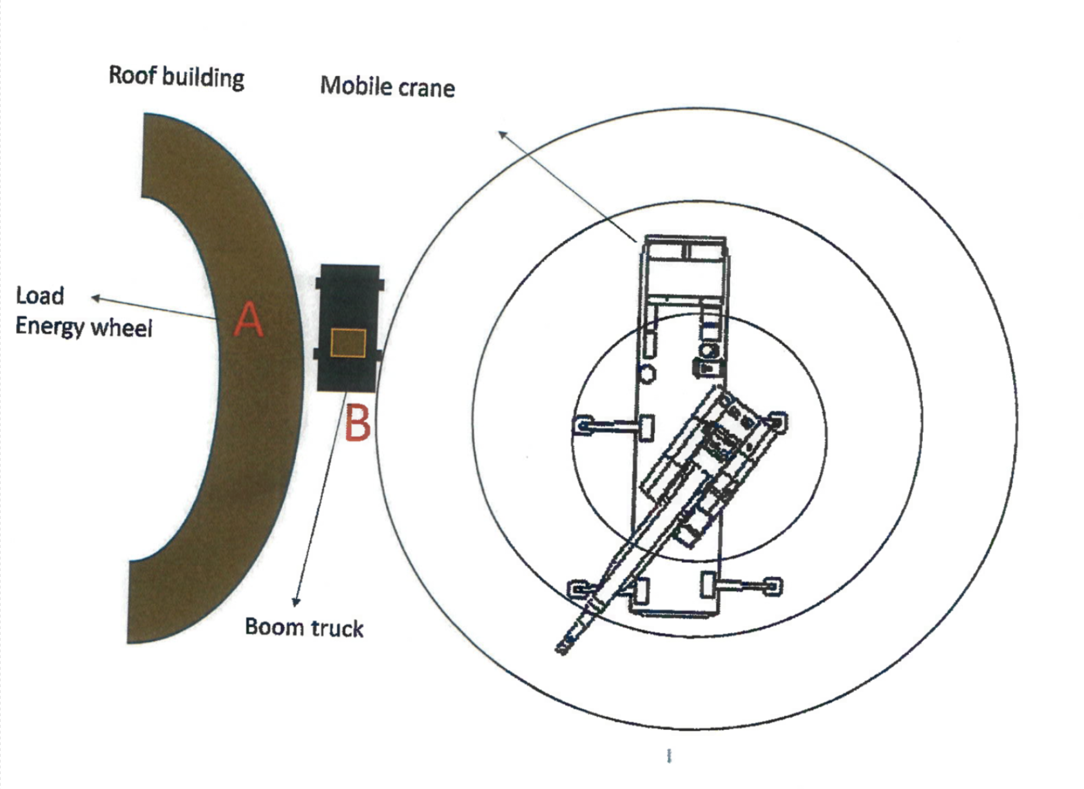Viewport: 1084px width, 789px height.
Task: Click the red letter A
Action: point(248,320)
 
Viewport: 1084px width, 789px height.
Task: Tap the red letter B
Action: point(358,424)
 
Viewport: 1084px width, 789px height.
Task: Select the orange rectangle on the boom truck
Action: point(348,343)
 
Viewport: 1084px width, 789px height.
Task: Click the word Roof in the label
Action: point(132,75)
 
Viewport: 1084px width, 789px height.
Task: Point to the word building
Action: point(202,78)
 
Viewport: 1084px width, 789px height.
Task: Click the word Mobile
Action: point(352,86)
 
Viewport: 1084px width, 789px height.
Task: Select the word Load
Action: point(40,296)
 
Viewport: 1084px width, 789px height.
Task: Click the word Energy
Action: point(50,327)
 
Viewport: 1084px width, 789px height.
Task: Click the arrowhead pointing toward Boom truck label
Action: point(296,601)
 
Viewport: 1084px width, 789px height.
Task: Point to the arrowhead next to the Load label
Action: point(95,298)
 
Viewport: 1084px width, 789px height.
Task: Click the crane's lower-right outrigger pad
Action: point(772,587)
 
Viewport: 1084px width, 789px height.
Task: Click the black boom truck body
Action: point(348,297)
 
